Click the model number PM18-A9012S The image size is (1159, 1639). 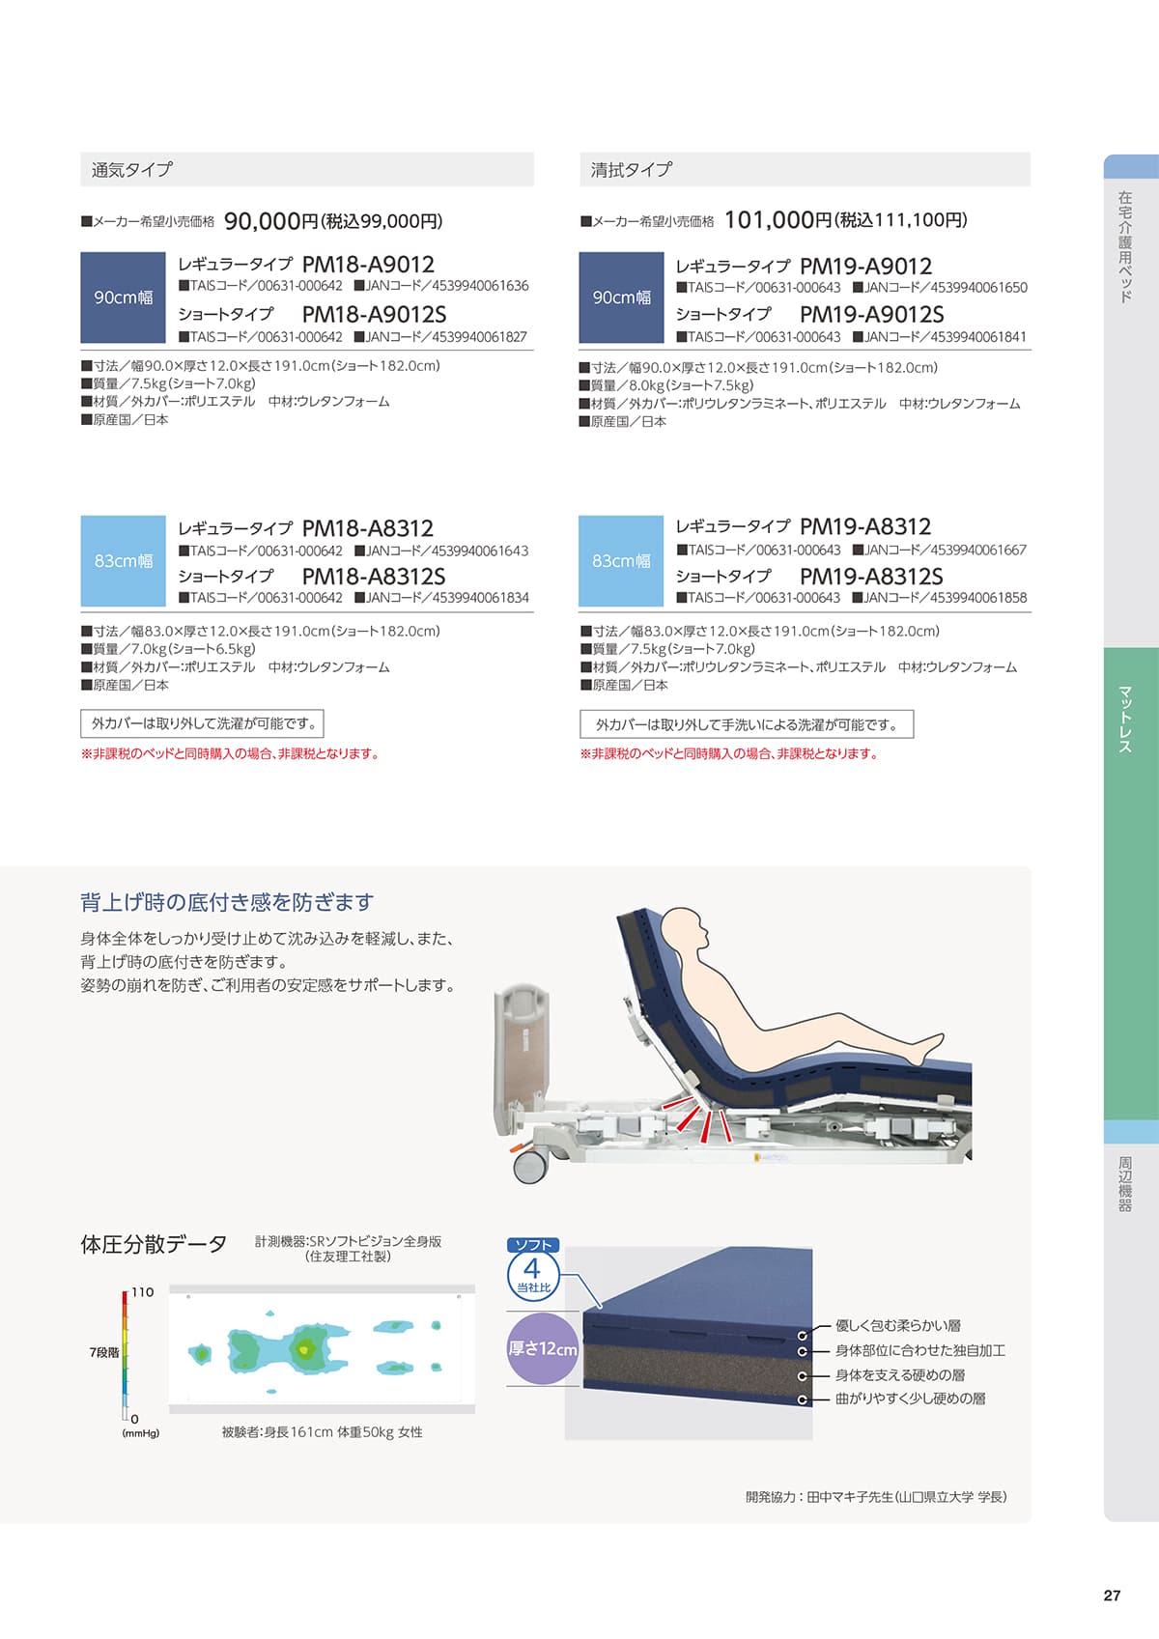point(374,314)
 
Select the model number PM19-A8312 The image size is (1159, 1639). point(865,526)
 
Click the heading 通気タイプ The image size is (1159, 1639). point(131,170)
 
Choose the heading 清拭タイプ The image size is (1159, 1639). point(632,170)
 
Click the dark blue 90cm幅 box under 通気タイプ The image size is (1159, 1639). point(123,297)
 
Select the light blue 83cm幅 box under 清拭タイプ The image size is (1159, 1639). point(621,561)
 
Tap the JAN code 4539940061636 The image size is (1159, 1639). point(480,286)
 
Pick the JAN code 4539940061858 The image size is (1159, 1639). point(979,598)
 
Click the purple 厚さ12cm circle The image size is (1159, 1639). point(543,1348)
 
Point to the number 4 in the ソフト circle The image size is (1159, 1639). point(532,1268)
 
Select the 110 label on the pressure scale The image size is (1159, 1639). point(143,1292)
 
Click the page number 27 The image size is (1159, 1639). point(1113,1596)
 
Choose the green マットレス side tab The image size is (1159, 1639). point(1131,884)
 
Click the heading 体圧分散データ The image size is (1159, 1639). point(154,1245)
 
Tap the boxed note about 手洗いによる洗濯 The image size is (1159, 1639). point(747,724)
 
